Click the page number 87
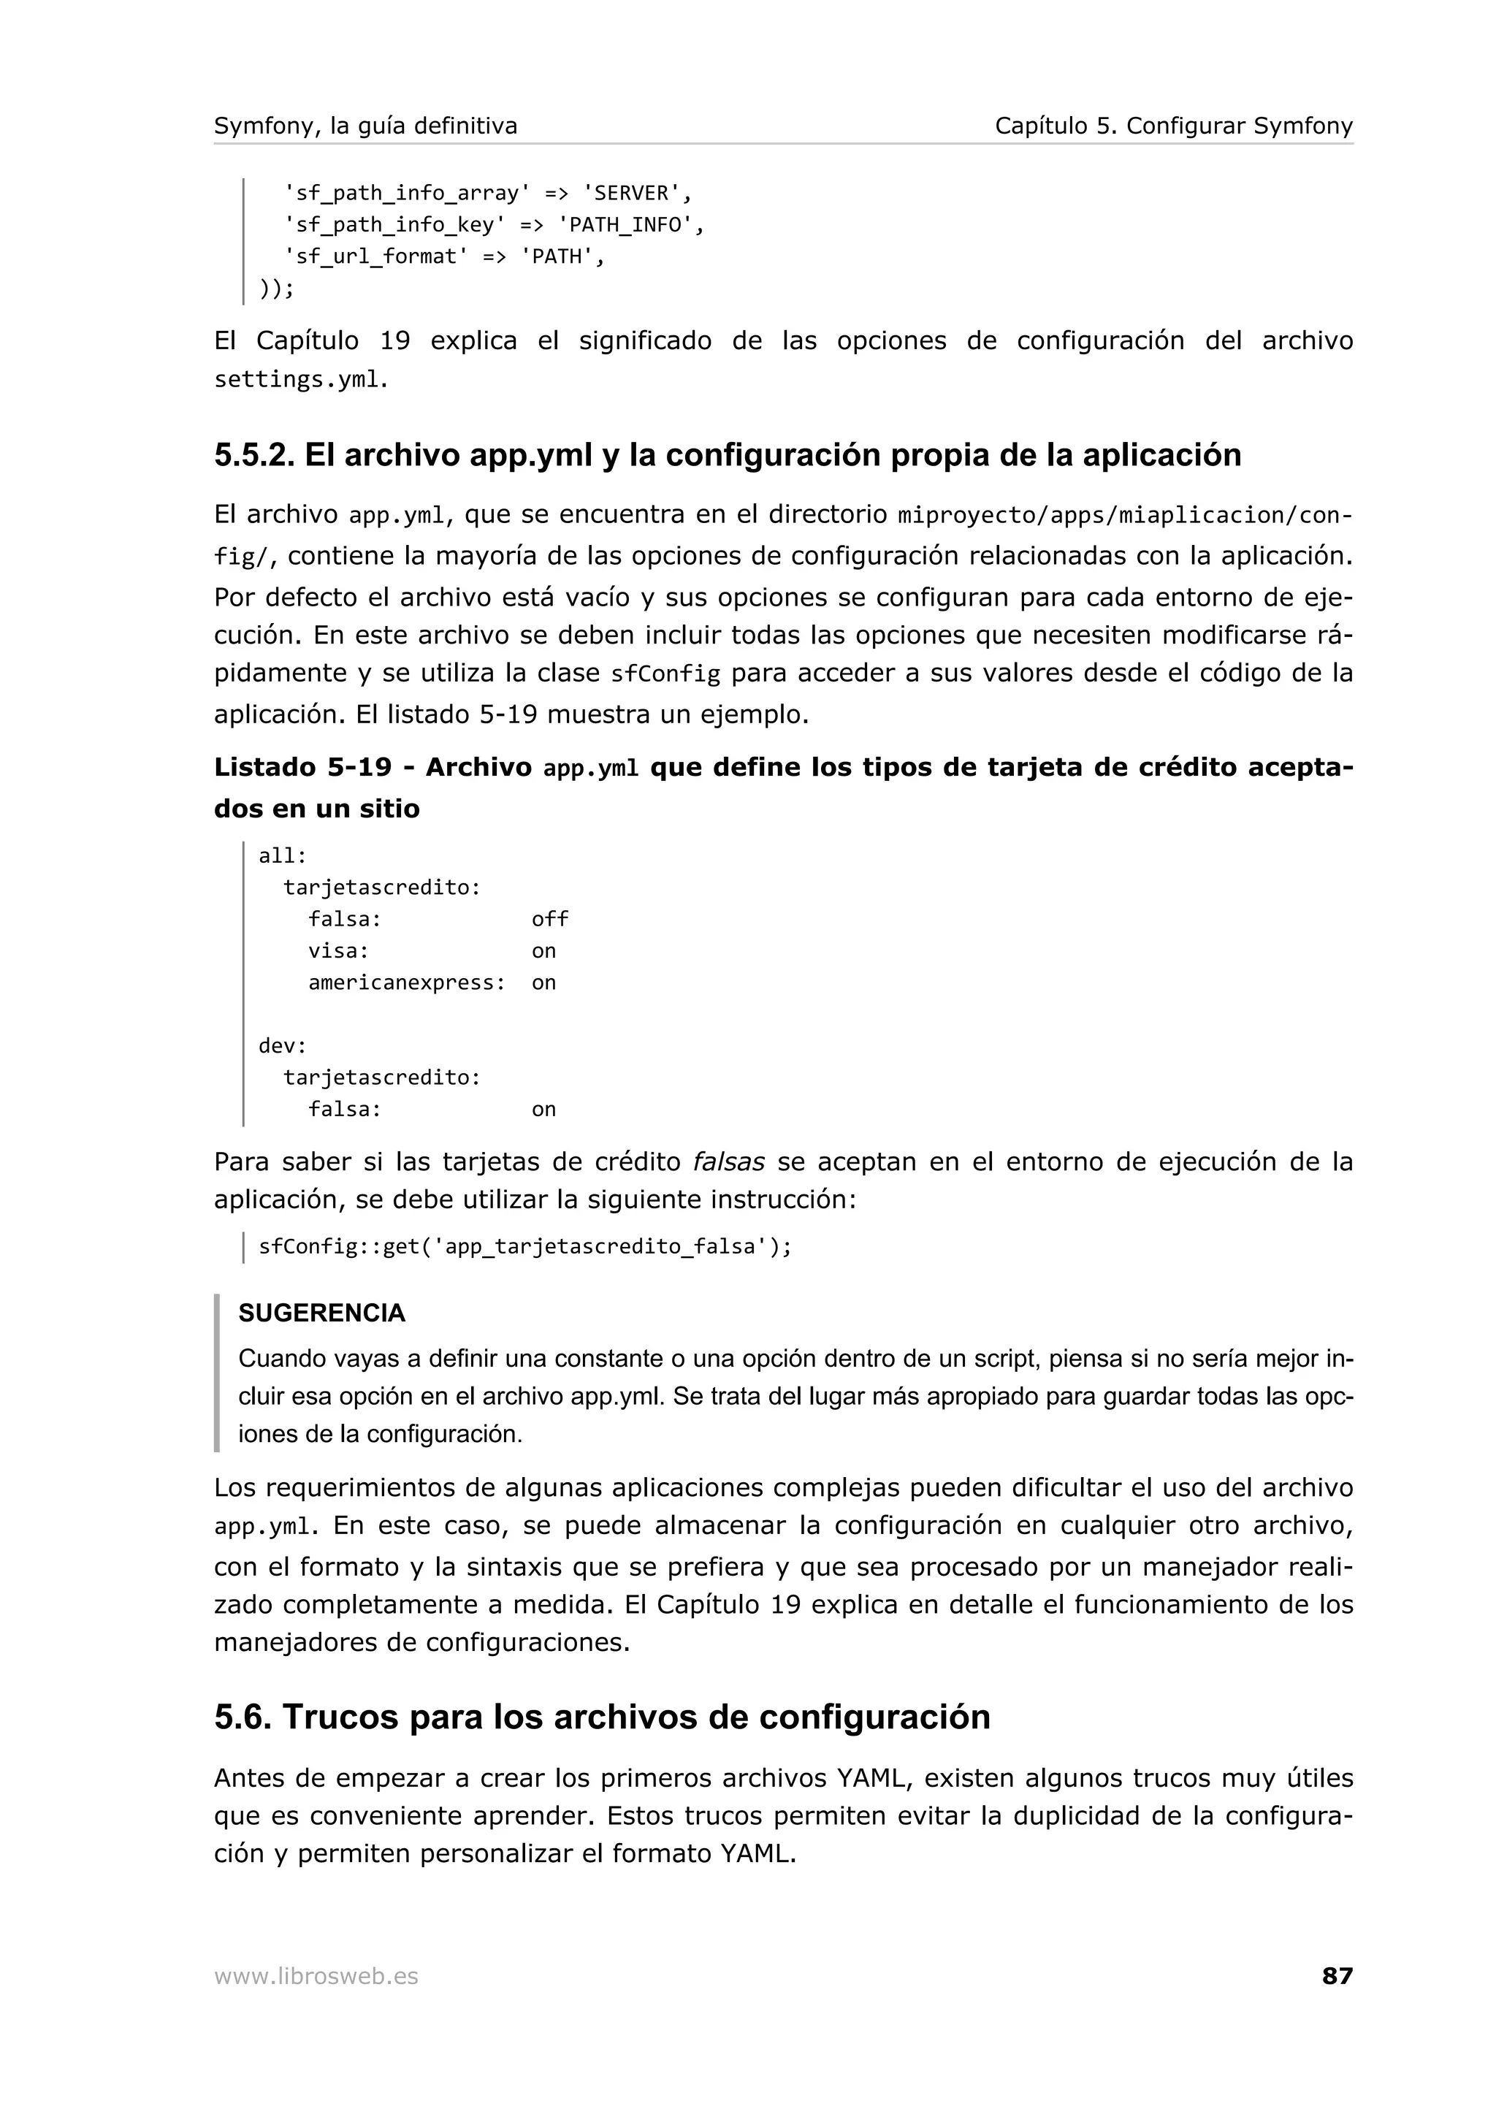click(1337, 1976)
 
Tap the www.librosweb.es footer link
click(316, 1976)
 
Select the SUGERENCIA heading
click(321, 1313)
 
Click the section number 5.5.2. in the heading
click(253, 456)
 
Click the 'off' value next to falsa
click(549, 919)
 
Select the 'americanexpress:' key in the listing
click(406, 983)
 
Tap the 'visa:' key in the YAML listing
click(338, 950)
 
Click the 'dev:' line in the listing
click(282, 1045)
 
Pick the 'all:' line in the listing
click(282, 855)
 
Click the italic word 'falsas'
click(728, 1162)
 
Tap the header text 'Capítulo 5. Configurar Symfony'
click(1173, 126)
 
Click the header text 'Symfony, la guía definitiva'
click(365, 126)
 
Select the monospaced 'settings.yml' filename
click(297, 380)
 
